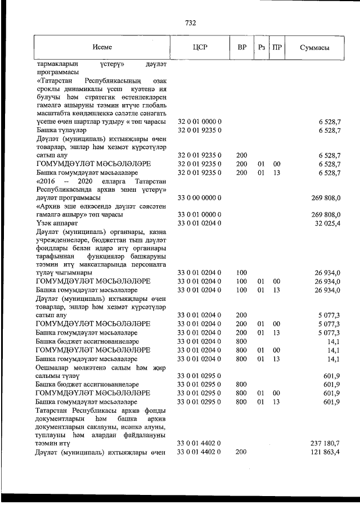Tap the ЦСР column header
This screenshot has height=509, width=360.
coord(200,47)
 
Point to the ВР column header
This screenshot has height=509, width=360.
coord(241,47)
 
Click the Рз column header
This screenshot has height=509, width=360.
coord(261,47)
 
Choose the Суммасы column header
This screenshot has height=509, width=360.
coord(314,47)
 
